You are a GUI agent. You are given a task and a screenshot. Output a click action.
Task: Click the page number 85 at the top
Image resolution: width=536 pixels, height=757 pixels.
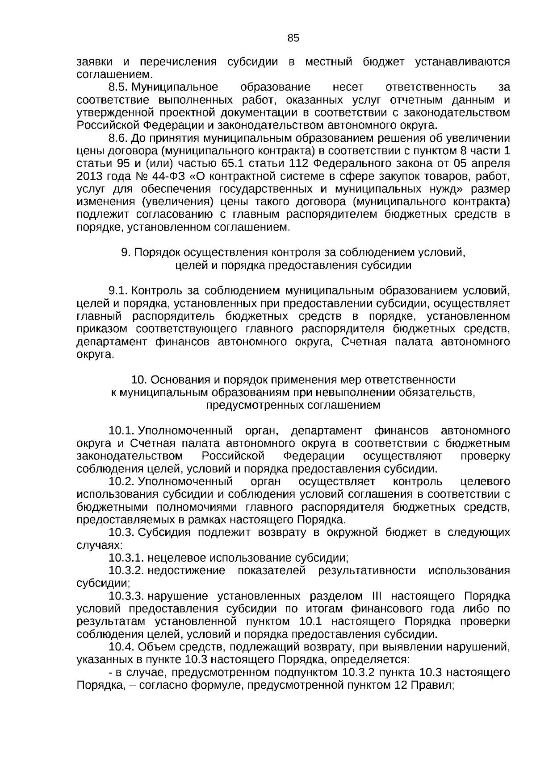(293, 38)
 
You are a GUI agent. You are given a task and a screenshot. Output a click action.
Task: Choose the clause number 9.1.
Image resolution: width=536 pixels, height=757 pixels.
(118, 291)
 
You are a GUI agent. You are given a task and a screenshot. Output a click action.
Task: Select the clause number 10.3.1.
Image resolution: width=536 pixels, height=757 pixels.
(126, 558)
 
